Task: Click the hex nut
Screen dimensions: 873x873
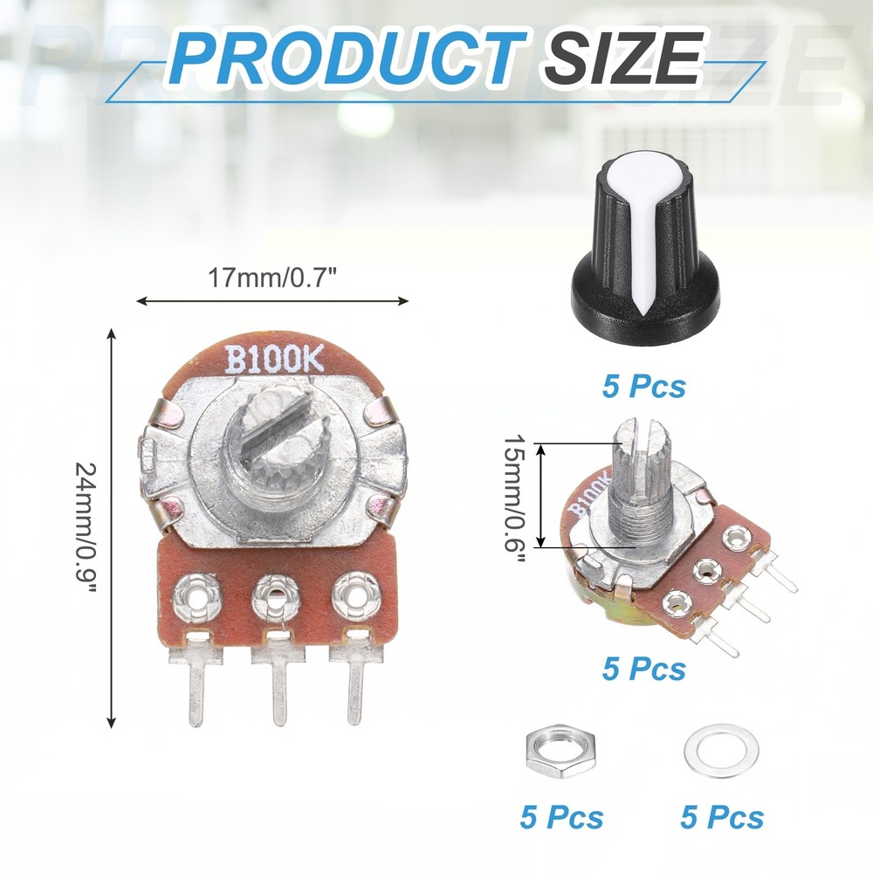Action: coord(560,752)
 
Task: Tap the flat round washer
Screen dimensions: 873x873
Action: coord(720,751)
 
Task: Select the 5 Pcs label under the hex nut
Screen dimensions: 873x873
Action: coord(561,817)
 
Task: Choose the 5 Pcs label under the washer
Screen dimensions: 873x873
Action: coord(722,817)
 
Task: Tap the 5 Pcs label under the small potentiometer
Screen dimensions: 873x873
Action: coord(643,669)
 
